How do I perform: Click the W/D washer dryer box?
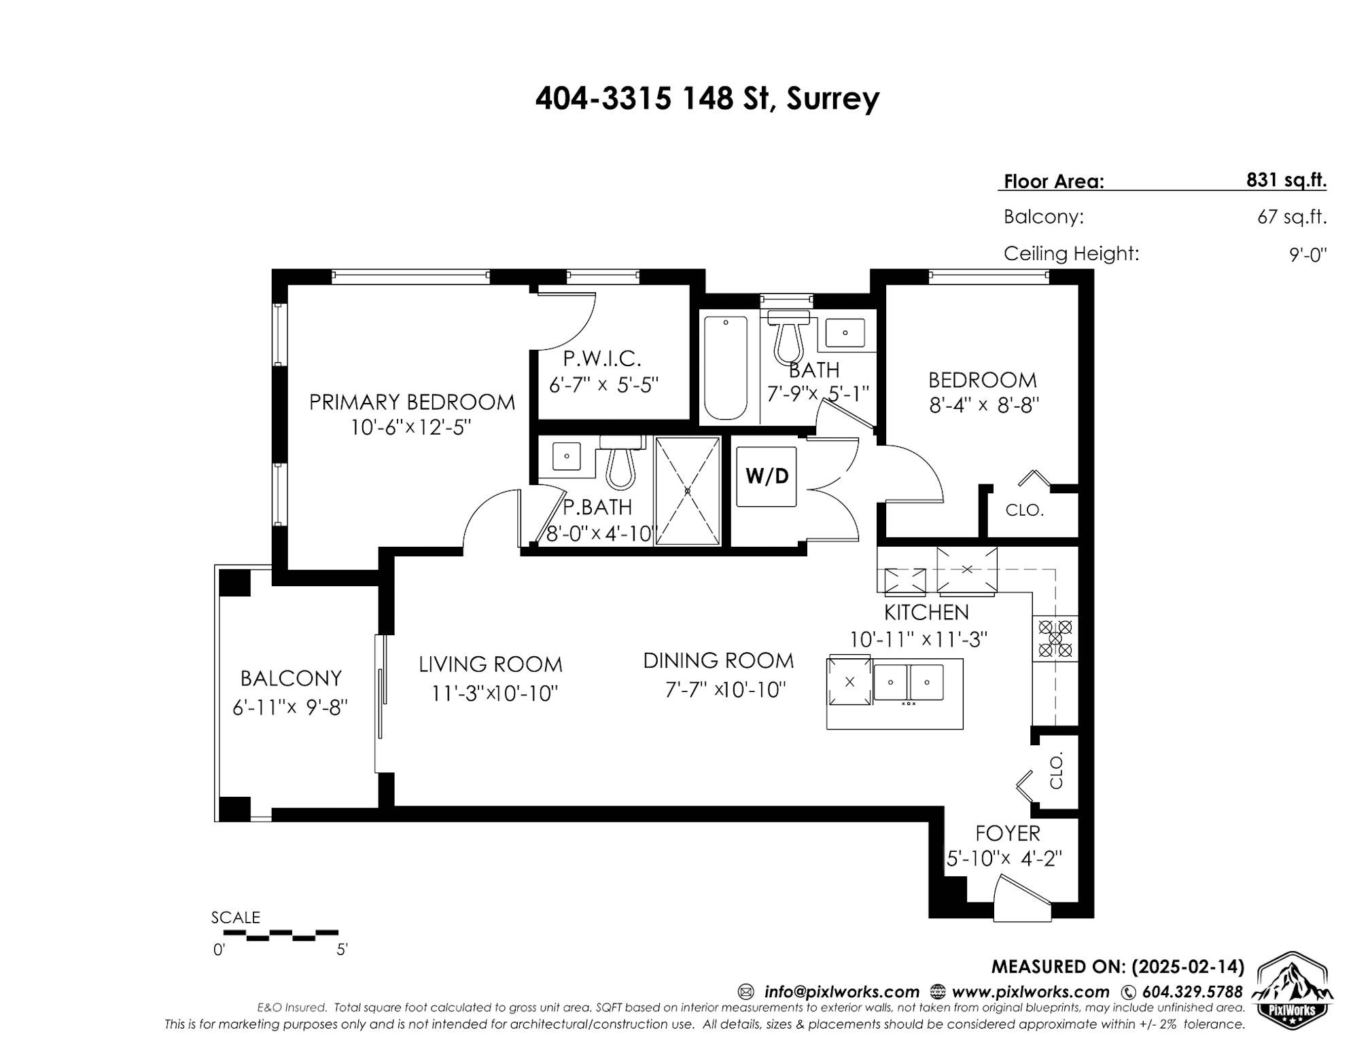[767, 476]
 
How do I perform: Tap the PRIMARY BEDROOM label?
[412, 402]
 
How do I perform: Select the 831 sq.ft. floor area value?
[1286, 181]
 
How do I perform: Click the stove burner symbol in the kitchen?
[1055, 639]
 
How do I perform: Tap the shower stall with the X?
[687, 490]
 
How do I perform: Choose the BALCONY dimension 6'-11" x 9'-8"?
[290, 708]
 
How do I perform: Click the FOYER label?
[1007, 833]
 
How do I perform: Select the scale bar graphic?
[281, 935]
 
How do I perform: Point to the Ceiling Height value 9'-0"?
[1308, 255]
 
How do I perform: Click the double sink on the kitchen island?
[908, 681]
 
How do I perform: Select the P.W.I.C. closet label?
[602, 358]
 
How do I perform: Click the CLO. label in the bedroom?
[1024, 510]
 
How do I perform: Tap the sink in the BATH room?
[845, 333]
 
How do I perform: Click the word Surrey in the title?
[833, 99]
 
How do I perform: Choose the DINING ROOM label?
[718, 660]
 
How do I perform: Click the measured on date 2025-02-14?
[1187, 967]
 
